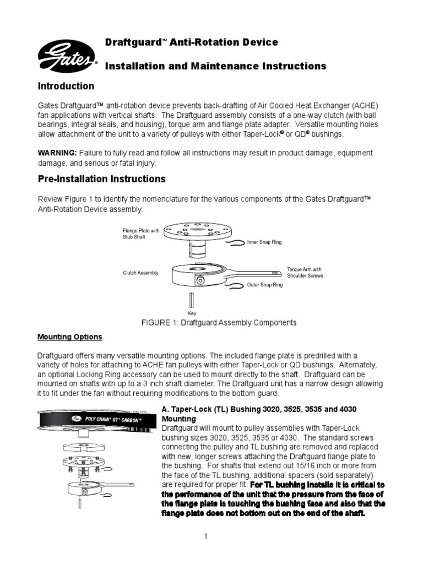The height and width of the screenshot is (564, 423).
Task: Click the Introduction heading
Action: (66, 86)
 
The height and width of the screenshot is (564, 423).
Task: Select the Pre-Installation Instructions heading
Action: (101, 179)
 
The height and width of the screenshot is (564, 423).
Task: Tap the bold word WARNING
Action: (57, 153)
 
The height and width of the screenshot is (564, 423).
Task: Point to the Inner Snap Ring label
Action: (264, 242)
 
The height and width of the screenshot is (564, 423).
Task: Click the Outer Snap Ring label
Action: (265, 285)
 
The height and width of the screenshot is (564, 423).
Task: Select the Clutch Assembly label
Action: (140, 273)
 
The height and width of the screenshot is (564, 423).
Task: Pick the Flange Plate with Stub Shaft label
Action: (141, 234)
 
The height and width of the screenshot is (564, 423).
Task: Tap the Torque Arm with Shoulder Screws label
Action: (305, 273)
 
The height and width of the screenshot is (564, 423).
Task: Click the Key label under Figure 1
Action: (192, 313)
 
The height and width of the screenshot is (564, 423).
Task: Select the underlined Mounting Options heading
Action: (69, 337)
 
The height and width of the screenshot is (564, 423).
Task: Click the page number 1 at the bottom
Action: (205, 538)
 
